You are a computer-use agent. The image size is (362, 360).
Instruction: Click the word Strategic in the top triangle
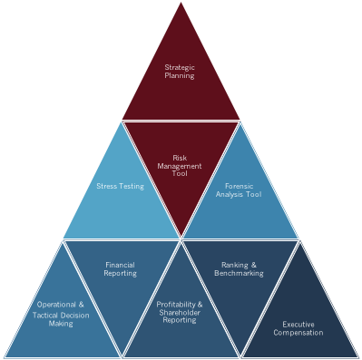click(x=180, y=68)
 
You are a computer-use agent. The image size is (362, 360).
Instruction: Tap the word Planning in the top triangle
click(x=180, y=75)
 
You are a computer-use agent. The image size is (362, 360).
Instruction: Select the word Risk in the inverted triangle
click(x=180, y=158)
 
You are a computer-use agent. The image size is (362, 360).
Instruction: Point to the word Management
click(x=180, y=166)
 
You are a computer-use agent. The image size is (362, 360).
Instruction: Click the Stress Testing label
click(x=120, y=186)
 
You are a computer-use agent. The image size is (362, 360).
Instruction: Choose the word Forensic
click(x=239, y=186)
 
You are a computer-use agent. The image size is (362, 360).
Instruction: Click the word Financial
click(x=120, y=265)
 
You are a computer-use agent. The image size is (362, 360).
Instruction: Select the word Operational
click(x=56, y=305)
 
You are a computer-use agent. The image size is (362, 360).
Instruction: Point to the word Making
click(x=61, y=324)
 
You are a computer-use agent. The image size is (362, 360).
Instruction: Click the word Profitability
click(x=176, y=305)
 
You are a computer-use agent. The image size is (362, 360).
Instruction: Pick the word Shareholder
click(x=180, y=312)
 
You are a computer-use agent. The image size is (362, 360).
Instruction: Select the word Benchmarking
click(x=239, y=273)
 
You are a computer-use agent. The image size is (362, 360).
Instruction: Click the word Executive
click(x=298, y=325)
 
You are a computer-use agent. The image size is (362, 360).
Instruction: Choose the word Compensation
click(x=298, y=333)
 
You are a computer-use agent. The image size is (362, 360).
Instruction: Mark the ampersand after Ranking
click(x=253, y=265)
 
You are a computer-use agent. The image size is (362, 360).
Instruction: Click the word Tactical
click(x=45, y=316)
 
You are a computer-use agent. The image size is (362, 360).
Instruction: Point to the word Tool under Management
click(x=180, y=173)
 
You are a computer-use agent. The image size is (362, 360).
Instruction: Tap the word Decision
click(x=75, y=316)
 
